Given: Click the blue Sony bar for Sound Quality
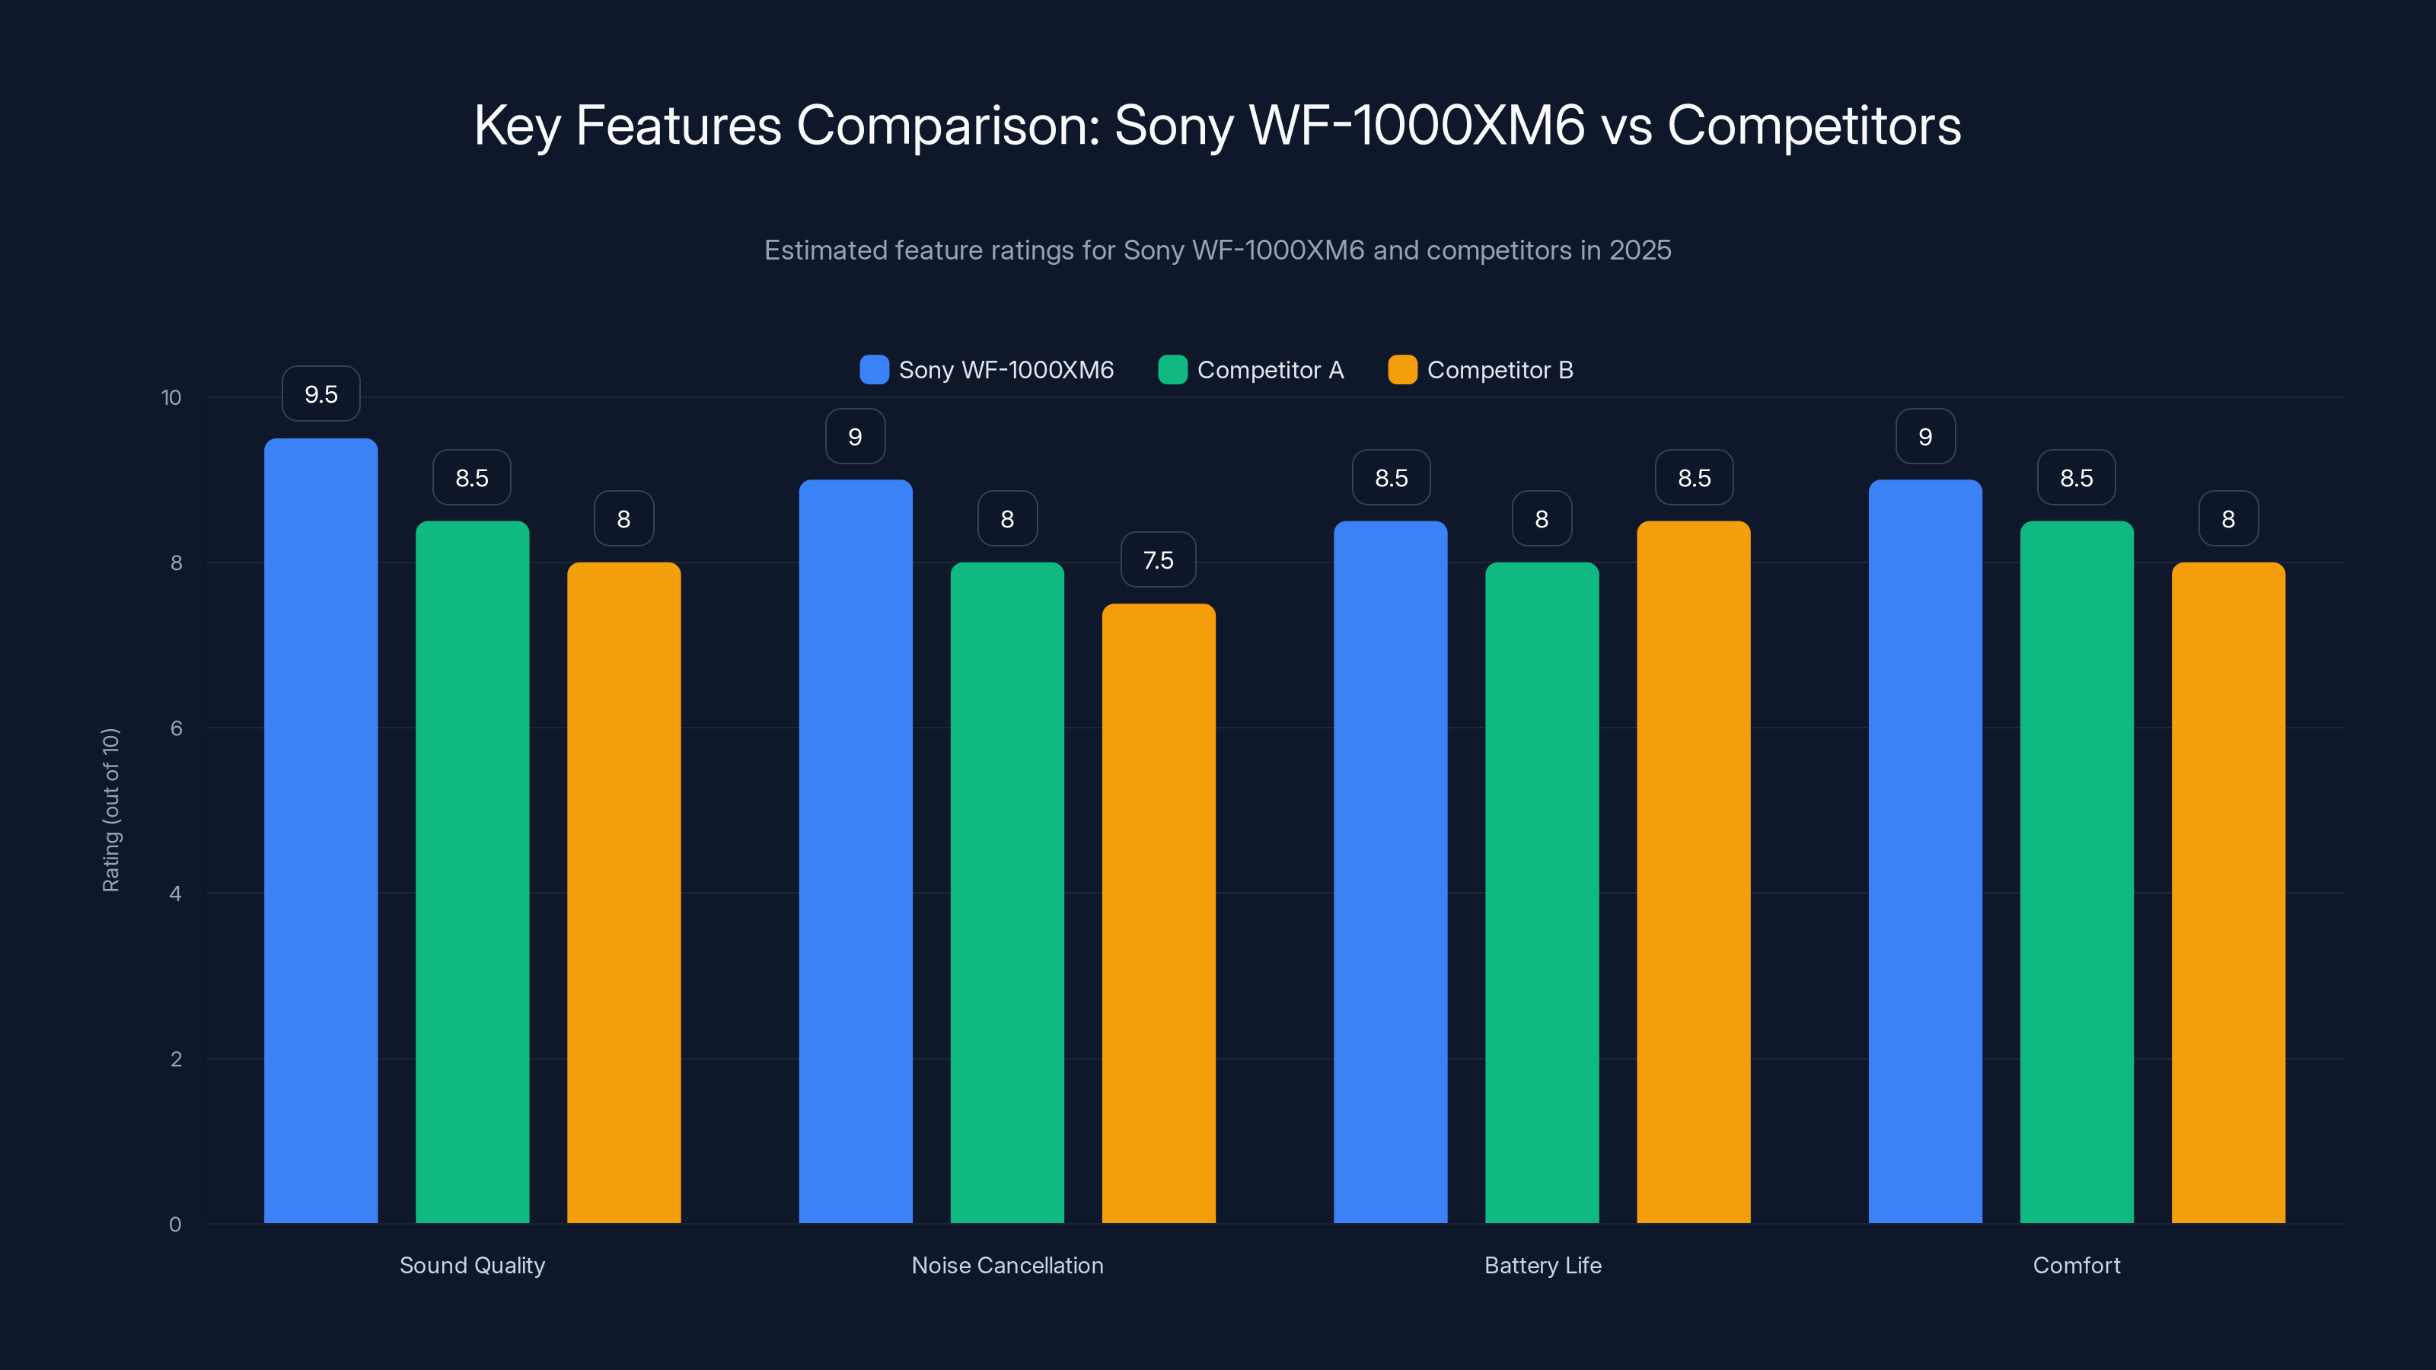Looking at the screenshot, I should pyautogui.click(x=320, y=832).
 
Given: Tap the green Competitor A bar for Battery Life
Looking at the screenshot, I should pyautogui.click(x=1542, y=893).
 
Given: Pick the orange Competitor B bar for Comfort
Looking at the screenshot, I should pyautogui.click(x=2228, y=893).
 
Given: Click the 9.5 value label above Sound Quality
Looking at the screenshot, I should pyautogui.click(x=320, y=394).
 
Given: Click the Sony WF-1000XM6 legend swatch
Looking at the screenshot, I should pyautogui.click(x=874, y=370).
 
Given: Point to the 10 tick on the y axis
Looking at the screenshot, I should pyautogui.click(x=171, y=397).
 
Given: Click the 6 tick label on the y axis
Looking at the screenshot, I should pyautogui.click(x=176, y=728).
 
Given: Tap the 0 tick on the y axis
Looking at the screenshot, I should pyautogui.click(x=175, y=1225).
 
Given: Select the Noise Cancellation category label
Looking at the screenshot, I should pyautogui.click(x=1007, y=1265).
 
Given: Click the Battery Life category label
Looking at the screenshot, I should pyautogui.click(x=1542, y=1265).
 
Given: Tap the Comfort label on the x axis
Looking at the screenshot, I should pyautogui.click(x=2077, y=1265).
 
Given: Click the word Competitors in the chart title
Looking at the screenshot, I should pyautogui.click(x=1814, y=125).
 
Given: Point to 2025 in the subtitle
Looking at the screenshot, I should pyautogui.click(x=1640, y=250).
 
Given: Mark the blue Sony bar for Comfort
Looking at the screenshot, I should pyautogui.click(x=1924, y=851).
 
